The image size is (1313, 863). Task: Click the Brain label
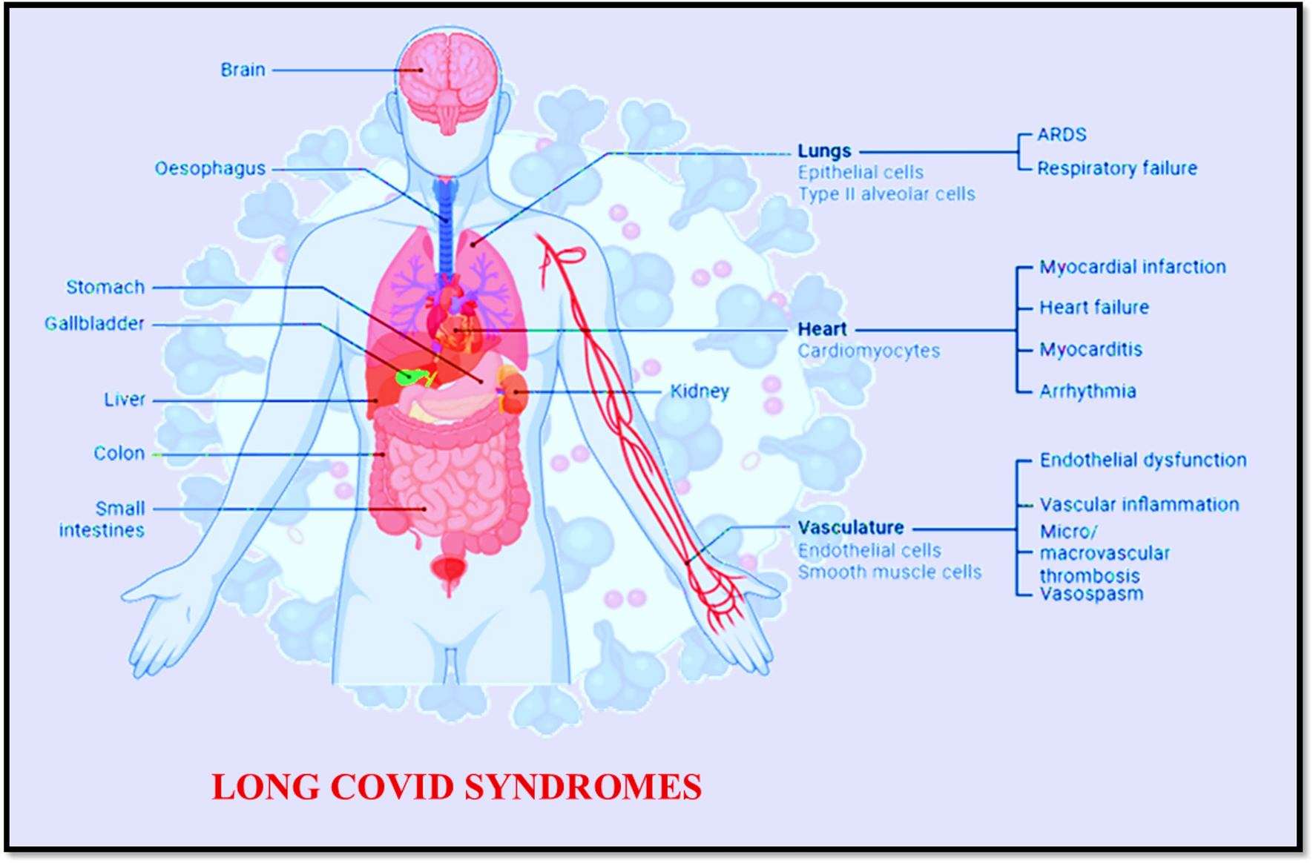click(243, 70)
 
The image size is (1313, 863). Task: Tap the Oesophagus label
click(210, 169)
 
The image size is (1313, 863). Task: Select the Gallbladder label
click(94, 324)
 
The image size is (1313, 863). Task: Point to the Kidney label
click(700, 391)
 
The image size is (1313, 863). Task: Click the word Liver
click(125, 400)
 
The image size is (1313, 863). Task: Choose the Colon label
click(119, 453)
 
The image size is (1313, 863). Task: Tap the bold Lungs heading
click(824, 151)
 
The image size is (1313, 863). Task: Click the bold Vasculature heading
click(851, 528)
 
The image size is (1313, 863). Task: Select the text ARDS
click(1062, 135)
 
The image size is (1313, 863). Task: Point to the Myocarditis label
click(1090, 349)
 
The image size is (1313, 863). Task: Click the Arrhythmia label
click(1087, 391)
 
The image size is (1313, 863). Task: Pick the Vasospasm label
click(1091, 594)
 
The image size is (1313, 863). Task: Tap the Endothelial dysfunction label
click(1142, 460)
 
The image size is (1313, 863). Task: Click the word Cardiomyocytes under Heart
click(869, 351)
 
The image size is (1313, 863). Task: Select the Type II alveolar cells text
click(886, 194)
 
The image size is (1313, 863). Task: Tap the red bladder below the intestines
click(449, 569)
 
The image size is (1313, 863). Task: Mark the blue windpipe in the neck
click(445, 222)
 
